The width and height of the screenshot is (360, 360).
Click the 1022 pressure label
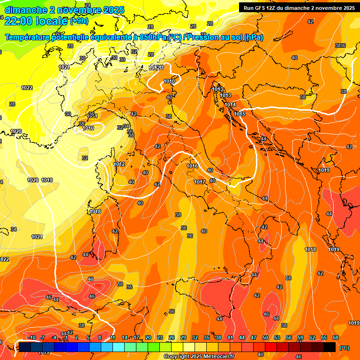(27, 88)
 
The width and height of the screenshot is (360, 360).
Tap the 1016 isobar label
(192, 166)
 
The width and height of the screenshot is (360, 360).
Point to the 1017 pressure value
(200, 182)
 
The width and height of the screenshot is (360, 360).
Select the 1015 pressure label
(240, 114)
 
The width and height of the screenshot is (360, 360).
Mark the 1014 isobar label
(230, 105)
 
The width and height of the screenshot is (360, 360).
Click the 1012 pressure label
(119, 164)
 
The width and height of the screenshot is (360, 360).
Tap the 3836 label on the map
(340, 45)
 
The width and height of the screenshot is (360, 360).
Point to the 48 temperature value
(90, 279)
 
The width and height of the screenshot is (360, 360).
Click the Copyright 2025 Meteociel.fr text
(199, 356)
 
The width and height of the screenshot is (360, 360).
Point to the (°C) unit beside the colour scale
(344, 348)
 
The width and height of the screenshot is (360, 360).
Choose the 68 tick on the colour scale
(336, 337)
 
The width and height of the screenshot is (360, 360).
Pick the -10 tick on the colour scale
(32, 337)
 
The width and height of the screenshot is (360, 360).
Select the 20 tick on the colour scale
(148, 337)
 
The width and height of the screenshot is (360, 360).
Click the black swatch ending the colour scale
(330, 347)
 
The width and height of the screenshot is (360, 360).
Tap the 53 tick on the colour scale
(277, 337)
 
